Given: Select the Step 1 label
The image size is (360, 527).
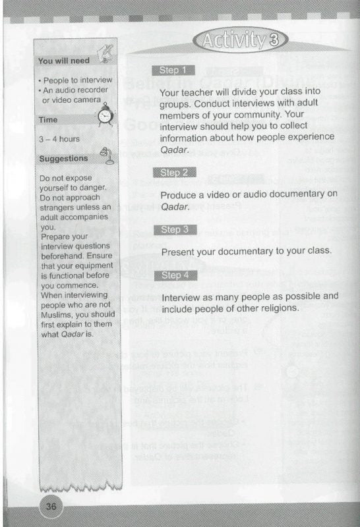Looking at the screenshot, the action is click(x=173, y=70).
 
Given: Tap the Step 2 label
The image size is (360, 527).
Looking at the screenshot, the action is click(x=175, y=173).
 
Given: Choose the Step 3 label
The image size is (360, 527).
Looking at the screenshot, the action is click(x=175, y=229).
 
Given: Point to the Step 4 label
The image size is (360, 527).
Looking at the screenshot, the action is click(x=175, y=275).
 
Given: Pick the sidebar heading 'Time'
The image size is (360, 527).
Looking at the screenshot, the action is click(x=48, y=121).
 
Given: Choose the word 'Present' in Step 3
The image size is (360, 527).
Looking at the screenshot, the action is click(x=179, y=252).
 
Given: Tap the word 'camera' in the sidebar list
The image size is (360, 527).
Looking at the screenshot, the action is click(x=85, y=101).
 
